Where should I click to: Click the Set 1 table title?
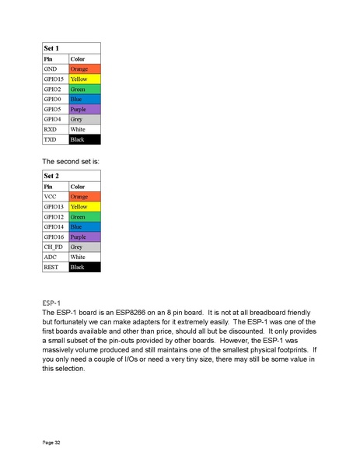(x=51, y=48)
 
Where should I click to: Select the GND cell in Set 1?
(x=55, y=69)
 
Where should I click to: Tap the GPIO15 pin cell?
(x=55, y=79)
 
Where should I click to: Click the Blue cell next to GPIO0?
(x=85, y=100)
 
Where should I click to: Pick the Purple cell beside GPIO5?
(x=85, y=110)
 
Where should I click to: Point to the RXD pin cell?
(x=55, y=129)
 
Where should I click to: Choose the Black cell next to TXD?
(x=85, y=139)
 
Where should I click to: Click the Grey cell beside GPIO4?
(x=85, y=119)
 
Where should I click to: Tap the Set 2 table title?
(x=51, y=177)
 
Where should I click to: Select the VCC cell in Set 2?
(x=55, y=197)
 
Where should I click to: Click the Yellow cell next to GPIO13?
(x=85, y=207)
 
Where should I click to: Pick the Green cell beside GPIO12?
(x=85, y=217)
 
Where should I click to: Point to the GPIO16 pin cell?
(x=55, y=237)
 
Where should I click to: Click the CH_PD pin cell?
(x=55, y=247)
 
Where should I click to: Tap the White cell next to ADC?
(x=85, y=257)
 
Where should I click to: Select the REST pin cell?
(x=55, y=267)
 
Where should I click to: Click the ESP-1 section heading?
(x=52, y=303)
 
